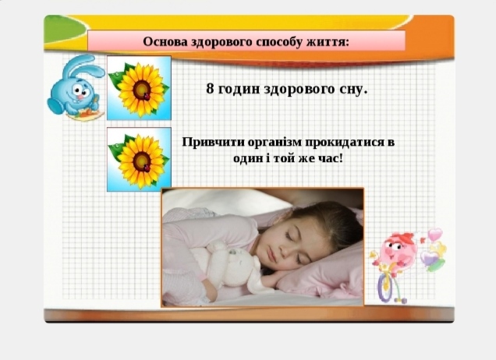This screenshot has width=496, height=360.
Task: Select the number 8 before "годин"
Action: (x=210, y=89)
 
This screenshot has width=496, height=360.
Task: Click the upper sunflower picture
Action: (x=139, y=87)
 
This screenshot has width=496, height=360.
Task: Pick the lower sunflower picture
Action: (x=139, y=159)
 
